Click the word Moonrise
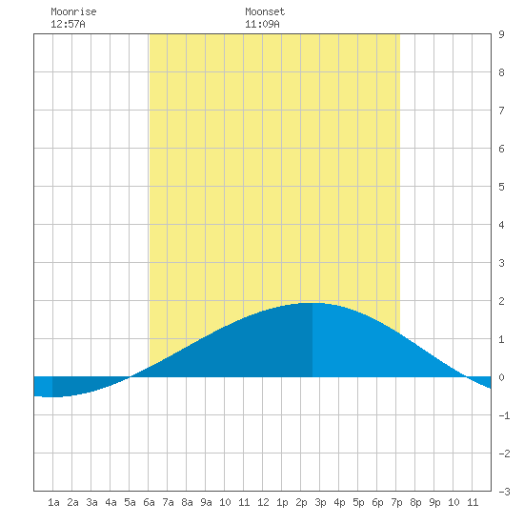click(73, 11)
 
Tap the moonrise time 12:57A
click(68, 24)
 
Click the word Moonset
click(265, 11)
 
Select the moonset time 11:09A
click(262, 24)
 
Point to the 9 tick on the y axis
click(501, 34)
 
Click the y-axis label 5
click(501, 187)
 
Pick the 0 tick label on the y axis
click(501, 377)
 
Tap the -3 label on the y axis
click(504, 492)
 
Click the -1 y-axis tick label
click(504, 415)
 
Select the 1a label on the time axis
click(53, 502)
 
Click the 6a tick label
click(149, 502)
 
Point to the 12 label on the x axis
click(263, 502)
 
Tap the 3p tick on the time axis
click(320, 502)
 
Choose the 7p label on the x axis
click(396, 502)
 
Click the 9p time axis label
click(434, 502)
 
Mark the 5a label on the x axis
click(130, 502)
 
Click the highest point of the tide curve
click(312, 303)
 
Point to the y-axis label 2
click(501, 301)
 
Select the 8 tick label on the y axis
click(501, 72)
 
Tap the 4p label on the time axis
click(339, 502)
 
